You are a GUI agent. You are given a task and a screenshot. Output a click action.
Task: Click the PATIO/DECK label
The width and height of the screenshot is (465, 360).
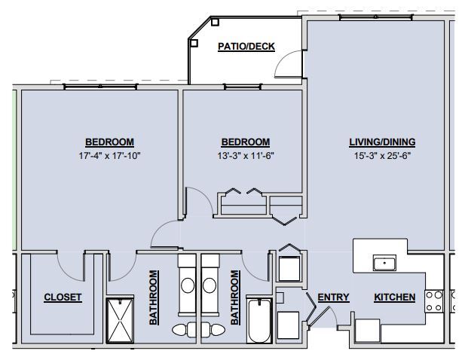coord(246,47)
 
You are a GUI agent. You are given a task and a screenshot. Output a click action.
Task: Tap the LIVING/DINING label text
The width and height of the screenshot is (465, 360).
coord(382,142)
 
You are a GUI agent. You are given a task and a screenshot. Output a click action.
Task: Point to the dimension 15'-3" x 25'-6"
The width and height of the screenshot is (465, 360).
coord(382,156)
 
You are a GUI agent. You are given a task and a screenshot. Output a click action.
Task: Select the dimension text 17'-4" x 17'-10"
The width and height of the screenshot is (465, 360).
coord(109,156)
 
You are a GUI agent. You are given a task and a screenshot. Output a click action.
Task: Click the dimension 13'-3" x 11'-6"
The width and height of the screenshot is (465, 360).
coord(245,156)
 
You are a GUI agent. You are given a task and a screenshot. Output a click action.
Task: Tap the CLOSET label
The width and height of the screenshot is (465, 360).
coord(63,297)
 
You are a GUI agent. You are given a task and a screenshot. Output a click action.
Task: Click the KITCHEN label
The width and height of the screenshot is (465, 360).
coord(395,297)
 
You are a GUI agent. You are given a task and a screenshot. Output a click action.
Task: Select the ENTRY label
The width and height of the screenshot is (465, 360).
coord(333,297)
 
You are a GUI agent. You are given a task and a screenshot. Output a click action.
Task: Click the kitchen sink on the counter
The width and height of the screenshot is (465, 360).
coord(385,263)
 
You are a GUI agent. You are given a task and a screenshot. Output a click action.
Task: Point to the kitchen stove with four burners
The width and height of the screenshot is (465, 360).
coord(433,301)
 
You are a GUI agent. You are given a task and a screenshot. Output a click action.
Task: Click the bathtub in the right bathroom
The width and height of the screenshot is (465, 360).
coord(259,322)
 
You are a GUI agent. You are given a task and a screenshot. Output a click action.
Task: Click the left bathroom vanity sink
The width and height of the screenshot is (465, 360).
coord(187,286)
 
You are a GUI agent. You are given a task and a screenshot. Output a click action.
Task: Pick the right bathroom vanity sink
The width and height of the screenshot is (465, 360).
coord(210,286)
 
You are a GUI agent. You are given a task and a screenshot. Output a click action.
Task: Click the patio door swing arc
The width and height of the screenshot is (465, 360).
coord(289,66)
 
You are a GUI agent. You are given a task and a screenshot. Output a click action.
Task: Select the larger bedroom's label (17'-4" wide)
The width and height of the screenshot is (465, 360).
coord(109,142)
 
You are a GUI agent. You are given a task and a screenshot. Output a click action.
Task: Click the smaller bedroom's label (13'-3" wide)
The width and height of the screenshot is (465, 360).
coord(245,142)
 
